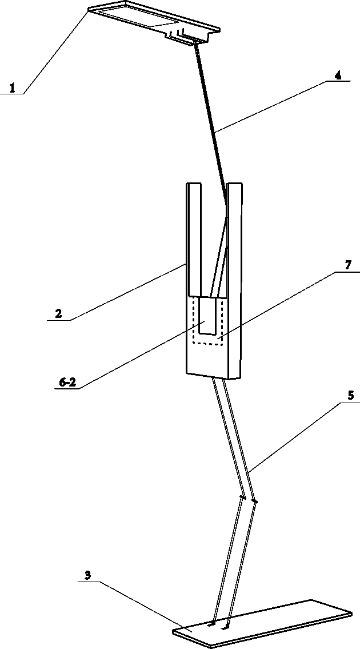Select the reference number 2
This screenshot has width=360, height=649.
pos(58,313)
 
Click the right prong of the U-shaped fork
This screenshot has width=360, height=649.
pos(235,240)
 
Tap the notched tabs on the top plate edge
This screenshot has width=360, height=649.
pos(180,35)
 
